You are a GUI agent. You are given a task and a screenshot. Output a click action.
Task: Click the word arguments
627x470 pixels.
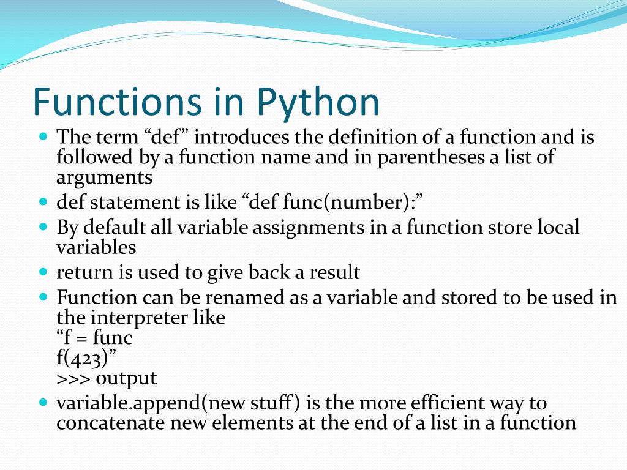(104, 178)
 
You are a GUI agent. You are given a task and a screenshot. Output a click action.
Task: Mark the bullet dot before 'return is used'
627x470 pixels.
(43, 270)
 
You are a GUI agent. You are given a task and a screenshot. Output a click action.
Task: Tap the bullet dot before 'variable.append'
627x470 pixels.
(43, 403)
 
